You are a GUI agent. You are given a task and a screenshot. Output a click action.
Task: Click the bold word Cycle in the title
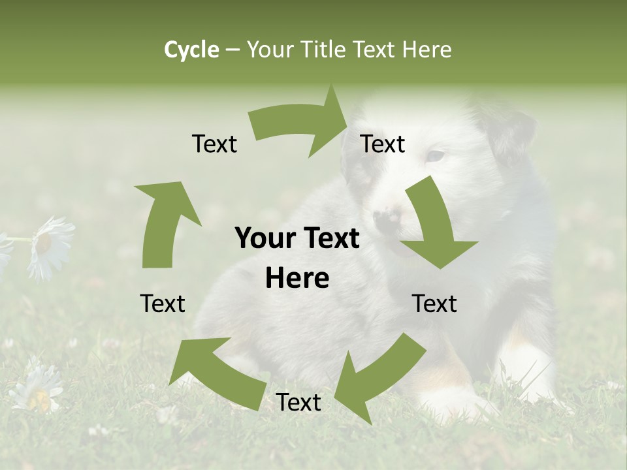click(191, 50)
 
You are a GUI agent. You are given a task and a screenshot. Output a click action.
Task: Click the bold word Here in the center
click(297, 279)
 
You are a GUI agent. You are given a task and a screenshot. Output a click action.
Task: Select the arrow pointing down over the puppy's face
click(434, 225)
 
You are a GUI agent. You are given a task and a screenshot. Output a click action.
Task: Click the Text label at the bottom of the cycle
click(298, 403)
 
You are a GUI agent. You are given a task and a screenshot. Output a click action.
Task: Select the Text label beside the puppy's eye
click(383, 144)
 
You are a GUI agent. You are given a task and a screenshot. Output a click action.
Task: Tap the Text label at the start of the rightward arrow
click(214, 144)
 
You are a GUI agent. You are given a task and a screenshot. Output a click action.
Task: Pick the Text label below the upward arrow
click(163, 304)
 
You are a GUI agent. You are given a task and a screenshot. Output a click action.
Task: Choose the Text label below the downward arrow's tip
click(434, 304)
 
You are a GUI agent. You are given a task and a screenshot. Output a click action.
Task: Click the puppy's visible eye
click(435, 157)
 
